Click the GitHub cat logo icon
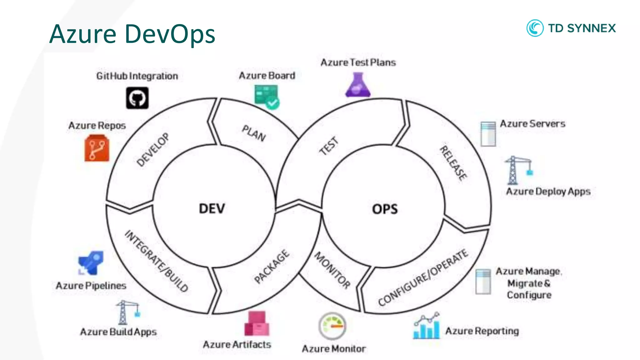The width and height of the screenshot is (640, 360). pyautogui.click(x=137, y=98)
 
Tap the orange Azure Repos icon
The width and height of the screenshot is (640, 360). pyautogui.click(x=97, y=148)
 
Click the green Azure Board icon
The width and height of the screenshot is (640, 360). pyautogui.click(x=267, y=97)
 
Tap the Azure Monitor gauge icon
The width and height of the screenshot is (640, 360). pyautogui.click(x=332, y=326)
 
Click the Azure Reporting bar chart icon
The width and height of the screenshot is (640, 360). pyautogui.click(x=426, y=326)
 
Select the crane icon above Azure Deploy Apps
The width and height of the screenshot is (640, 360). pyautogui.click(x=517, y=170)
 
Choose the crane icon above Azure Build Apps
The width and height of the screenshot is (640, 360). pyautogui.click(x=127, y=312)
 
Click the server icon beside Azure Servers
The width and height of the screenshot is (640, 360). pyautogui.click(x=488, y=134)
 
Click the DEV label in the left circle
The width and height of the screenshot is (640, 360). pyautogui.click(x=212, y=208)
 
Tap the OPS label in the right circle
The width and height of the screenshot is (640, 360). pyautogui.click(x=385, y=209)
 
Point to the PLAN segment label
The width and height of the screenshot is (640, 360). pyautogui.click(x=254, y=133)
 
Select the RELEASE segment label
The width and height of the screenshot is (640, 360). pyautogui.click(x=453, y=162)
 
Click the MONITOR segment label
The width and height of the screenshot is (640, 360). pyautogui.click(x=332, y=270)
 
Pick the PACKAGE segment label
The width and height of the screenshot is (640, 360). pyautogui.click(x=272, y=266)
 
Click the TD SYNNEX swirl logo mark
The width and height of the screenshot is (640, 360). pyautogui.click(x=535, y=28)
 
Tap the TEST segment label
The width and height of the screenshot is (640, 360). pyautogui.click(x=329, y=146)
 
